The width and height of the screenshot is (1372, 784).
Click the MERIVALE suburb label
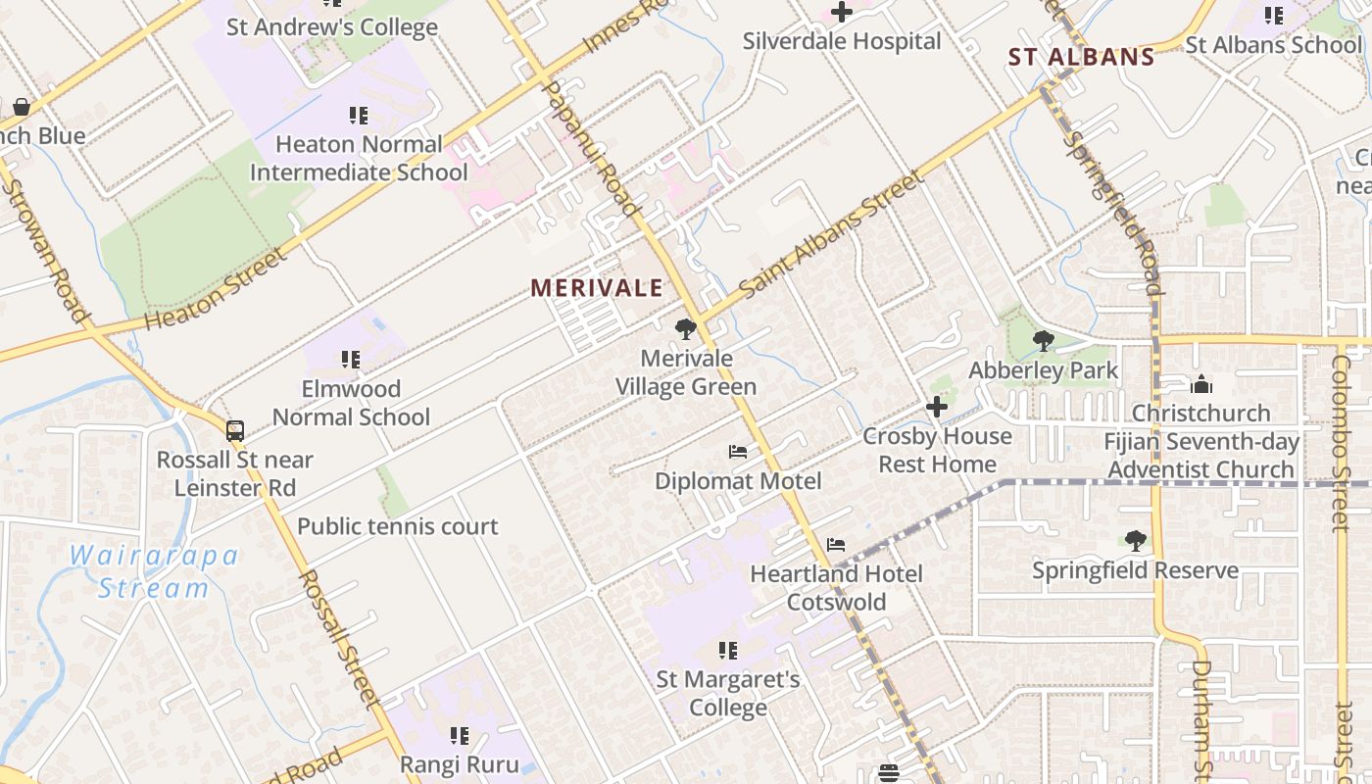[597, 288]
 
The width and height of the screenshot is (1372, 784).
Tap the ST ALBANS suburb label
[1082, 57]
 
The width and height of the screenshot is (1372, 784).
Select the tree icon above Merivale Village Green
[686, 329]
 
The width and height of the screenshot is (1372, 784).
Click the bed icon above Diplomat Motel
[738, 452]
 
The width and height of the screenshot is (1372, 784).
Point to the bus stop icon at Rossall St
[234, 431]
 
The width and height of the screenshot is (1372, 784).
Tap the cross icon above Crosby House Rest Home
[937, 407]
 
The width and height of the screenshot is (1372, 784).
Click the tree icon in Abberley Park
[1044, 341]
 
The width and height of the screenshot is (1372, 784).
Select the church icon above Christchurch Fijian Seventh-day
[1201, 384]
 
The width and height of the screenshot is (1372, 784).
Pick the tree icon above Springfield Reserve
[1135, 541]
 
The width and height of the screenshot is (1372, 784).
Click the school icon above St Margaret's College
[727, 651]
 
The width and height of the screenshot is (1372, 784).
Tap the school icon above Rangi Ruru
[459, 735]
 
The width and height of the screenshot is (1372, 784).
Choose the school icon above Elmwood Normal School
[350, 360]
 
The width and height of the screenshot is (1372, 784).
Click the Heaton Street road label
[217, 289]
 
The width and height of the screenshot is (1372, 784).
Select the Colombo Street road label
[1340, 441]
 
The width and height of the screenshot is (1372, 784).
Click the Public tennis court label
[397, 526]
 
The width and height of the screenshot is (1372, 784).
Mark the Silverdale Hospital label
[841, 41]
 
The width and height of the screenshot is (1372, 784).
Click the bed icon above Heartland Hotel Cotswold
[835, 545]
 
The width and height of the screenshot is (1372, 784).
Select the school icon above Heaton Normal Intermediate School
[359, 116]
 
